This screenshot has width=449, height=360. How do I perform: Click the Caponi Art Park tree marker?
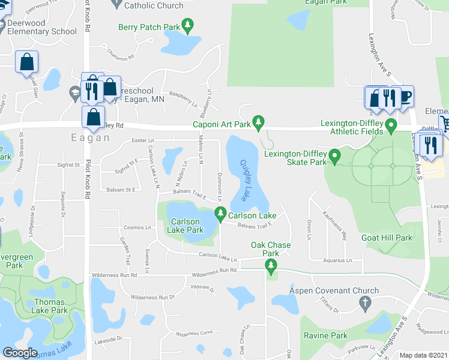259,124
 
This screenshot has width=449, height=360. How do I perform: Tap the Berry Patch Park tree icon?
189,26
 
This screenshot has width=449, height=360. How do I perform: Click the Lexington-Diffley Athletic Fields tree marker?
391,127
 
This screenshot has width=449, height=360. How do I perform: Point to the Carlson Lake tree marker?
221,214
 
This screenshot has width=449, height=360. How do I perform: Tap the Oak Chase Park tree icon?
271,265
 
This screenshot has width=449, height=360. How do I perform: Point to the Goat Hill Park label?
387,238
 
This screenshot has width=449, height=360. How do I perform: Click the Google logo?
20,353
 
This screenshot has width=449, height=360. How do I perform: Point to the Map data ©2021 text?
423,355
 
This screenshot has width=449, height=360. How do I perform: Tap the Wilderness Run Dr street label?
152,297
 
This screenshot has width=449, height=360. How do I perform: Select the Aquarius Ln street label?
337,261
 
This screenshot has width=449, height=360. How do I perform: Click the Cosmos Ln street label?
137,227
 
